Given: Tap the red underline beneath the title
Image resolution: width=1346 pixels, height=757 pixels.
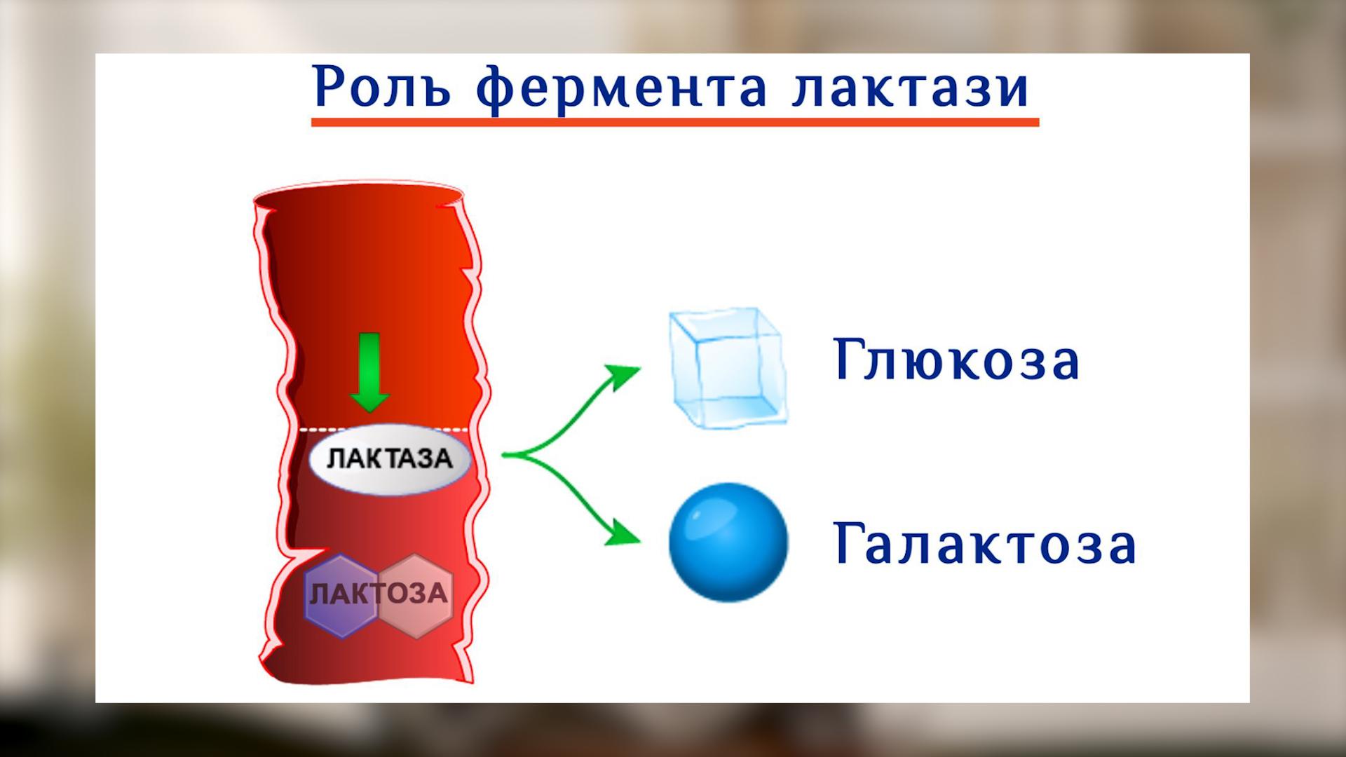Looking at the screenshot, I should click(674, 123).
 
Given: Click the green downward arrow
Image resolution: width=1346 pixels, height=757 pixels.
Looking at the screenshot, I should click(369, 372).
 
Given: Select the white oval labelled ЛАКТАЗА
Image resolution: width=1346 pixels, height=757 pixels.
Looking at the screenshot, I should click(390, 459).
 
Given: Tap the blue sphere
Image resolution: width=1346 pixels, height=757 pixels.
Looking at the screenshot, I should click(728, 542).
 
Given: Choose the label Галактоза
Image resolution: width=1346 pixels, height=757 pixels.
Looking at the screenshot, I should click(984, 544).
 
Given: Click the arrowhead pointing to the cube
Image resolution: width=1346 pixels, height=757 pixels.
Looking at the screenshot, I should click(625, 374).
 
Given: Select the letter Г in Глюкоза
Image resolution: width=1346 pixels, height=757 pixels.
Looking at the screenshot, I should click(849, 359).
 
